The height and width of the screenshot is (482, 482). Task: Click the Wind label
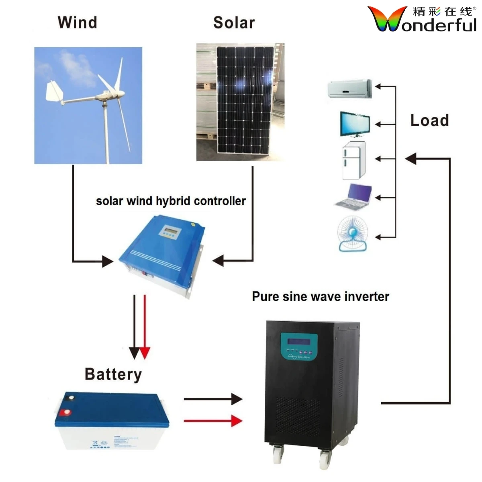coord(78,22)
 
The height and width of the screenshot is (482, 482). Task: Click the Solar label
coord(234,23)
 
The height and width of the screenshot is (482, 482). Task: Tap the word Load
coord(429,120)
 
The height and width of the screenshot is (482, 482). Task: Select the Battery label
coord(113,374)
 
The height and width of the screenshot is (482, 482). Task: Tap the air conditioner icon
coord(349,89)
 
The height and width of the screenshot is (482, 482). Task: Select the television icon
coord(355,124)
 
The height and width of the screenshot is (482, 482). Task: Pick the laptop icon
coord(354,197)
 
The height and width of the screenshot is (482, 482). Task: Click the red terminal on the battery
coord(65,412)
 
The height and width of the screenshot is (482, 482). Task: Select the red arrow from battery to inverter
coord(213,421)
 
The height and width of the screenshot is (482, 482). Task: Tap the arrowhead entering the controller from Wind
coord(107,261)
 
